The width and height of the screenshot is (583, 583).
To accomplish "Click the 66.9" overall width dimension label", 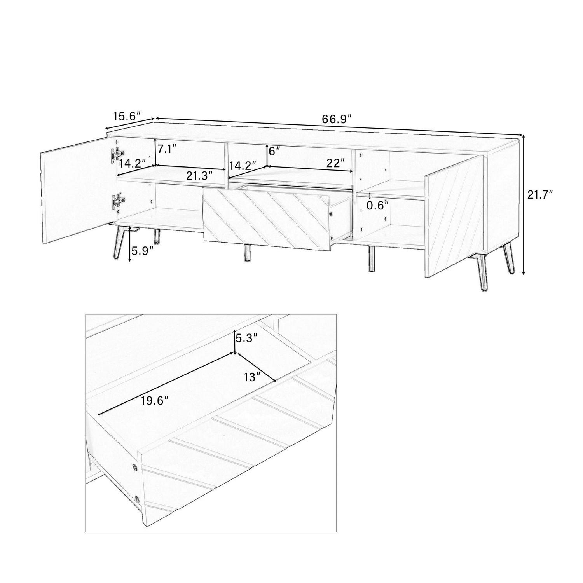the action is pos(337,119).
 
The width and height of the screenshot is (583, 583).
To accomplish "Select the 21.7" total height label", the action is pos(540,195).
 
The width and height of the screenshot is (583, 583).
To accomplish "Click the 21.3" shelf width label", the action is pos(200,176).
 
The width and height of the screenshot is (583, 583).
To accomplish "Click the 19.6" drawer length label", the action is pos(155,401).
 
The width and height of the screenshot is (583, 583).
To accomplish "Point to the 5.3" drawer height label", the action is pos(246,338).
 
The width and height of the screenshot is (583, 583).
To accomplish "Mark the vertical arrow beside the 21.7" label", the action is pos(524,204).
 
